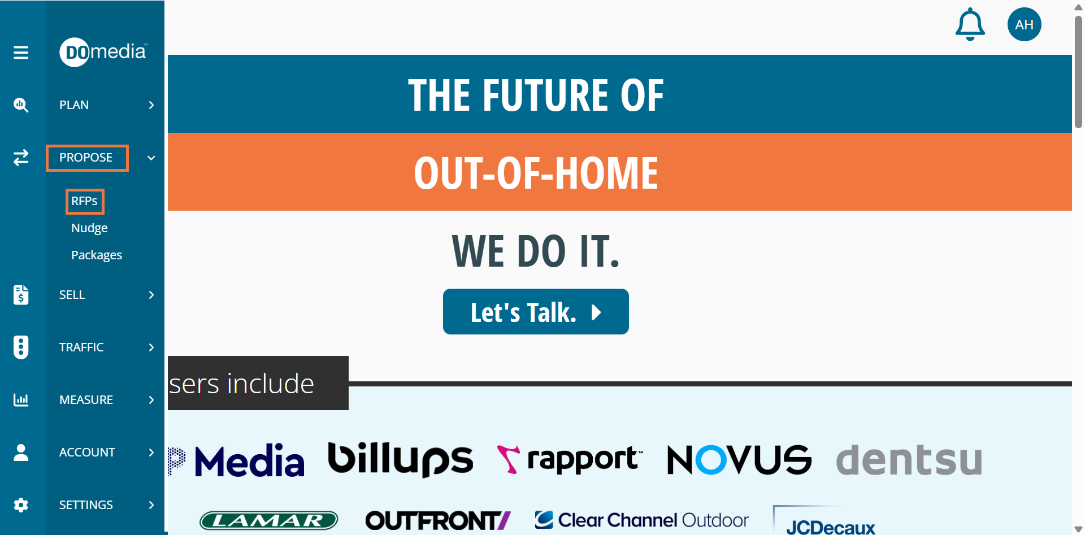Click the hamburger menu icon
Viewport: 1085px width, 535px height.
pos(21,53)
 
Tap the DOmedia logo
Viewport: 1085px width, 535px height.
pos(103,52)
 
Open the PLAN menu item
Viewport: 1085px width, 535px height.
pos(74,105)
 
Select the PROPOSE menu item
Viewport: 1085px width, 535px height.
pos(86,158)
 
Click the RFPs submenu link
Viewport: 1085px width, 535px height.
pos(84,201)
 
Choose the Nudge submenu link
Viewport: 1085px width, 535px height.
pos(89,228)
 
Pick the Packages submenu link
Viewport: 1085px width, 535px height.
pos(97,255)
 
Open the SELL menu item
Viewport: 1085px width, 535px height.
pos(72,295)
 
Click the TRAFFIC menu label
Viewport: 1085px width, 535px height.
pos(81,347)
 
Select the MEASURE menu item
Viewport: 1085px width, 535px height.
pos(86,400)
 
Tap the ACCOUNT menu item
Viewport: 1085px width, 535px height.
pos(87,453)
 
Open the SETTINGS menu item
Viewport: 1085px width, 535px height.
pos(86,505)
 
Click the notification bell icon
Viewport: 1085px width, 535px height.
pos(970,24)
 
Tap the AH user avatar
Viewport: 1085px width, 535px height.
pos(1025,24)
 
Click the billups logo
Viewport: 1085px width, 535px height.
pos(401,459)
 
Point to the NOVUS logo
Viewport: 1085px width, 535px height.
pos(740,459)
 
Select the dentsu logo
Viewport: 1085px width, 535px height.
pos(909,459)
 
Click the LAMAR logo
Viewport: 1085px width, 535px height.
pos(269,520)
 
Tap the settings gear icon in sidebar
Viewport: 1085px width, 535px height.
pos(21,505)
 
